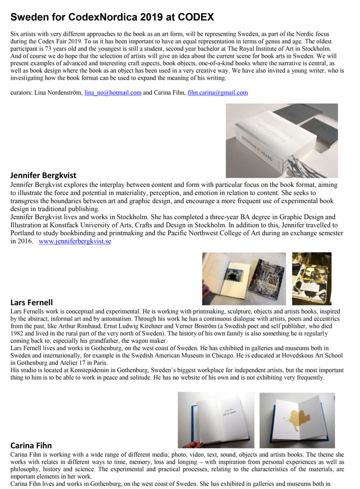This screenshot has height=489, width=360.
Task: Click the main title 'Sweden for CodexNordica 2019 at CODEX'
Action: (112, 18)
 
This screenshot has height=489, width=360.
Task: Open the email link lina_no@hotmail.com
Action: (113, 93)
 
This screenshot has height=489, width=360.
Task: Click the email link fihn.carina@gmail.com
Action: (217, 93)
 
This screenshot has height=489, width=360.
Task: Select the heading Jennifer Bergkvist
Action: (43, 175)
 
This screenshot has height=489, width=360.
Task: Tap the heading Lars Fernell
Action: (31, 302)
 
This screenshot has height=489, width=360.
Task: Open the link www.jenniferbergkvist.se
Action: (75, 241)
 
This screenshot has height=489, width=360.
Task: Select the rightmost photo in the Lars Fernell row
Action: (312, 278)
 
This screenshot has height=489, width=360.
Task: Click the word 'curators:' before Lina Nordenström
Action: (21, 93)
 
